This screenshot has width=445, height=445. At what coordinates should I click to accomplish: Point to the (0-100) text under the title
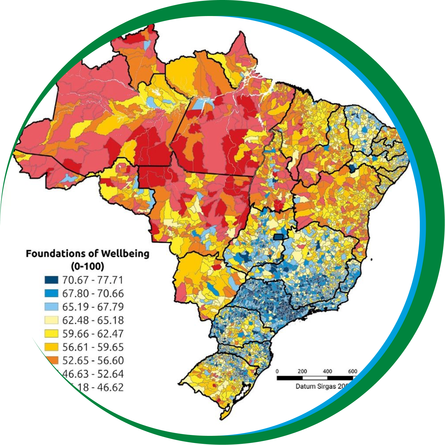(x=88, y=266)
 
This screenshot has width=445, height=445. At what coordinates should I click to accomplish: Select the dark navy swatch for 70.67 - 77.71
(x=52, y=280)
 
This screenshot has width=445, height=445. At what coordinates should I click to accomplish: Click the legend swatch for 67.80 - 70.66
(x=52, y=293)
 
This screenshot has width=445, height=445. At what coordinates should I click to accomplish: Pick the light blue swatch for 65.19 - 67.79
(x=52, y=307)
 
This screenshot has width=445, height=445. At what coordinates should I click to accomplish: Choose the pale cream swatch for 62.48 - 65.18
(x=52, y=320)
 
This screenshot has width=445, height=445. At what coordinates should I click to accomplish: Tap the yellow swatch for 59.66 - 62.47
(x=52, y=334)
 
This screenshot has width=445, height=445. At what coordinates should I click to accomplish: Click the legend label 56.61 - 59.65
(x=93, y=347)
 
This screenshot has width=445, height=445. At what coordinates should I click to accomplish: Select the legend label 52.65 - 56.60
(x=93, y=361)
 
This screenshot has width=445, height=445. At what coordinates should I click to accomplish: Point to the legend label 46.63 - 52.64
(x=93, y=374)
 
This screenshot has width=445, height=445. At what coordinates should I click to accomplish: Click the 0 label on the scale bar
(x=277, y=371)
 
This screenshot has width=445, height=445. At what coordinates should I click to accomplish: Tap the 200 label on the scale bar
(x=302, y=371)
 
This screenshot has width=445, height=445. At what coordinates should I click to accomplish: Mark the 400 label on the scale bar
(x=327, y=371)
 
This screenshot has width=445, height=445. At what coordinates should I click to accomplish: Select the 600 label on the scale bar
(x=352, y=371)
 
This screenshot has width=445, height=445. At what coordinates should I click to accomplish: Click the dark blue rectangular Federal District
(x=278, y=237)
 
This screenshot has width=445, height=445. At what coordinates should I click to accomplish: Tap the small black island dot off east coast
(x=372, y=260)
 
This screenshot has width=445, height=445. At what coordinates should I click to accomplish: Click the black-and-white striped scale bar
(x=315, y=378)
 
